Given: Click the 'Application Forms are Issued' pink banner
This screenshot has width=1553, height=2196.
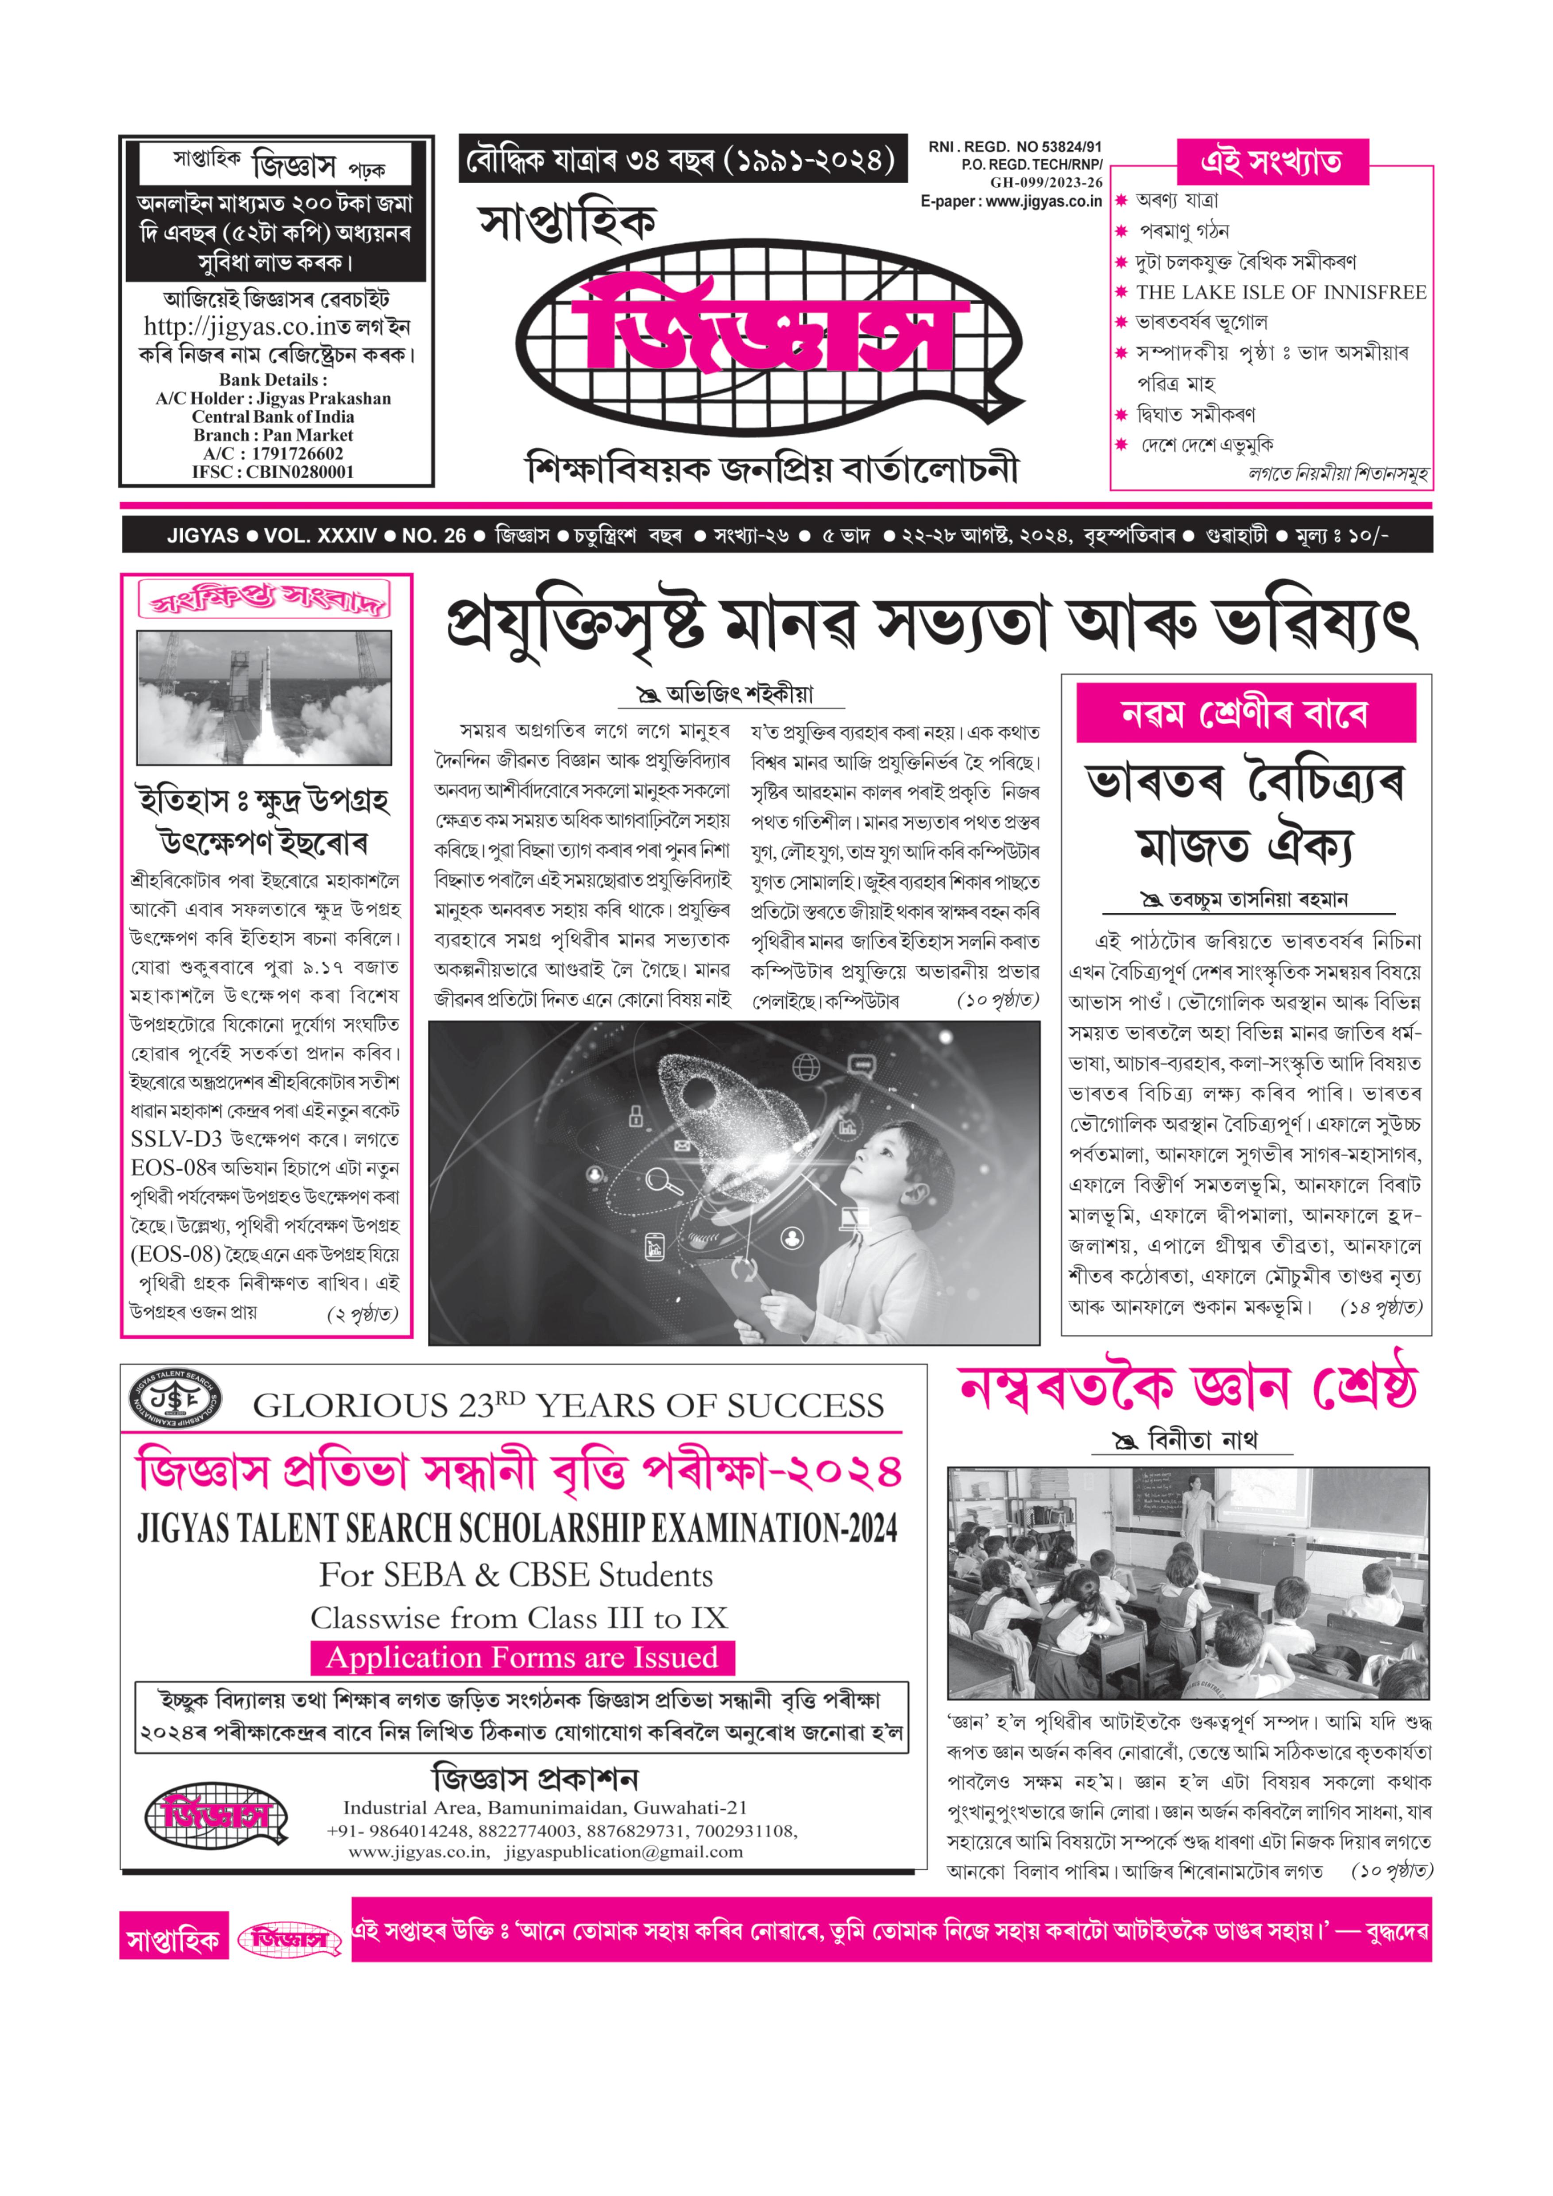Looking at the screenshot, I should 522,1658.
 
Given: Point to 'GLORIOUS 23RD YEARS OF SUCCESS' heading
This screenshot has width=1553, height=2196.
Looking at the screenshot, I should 568,1405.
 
